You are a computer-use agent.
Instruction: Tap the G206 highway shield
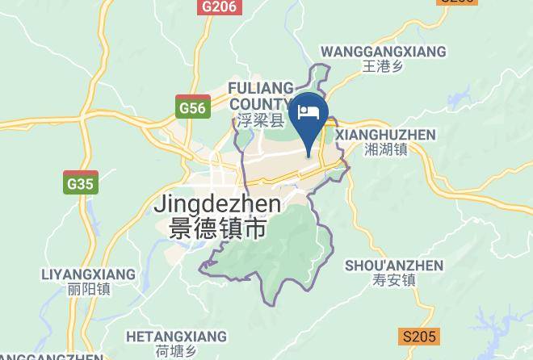219,6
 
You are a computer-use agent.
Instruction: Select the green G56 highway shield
192,107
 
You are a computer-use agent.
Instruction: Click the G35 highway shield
81,183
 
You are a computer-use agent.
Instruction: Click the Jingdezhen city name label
217,205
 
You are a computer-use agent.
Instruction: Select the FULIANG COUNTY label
258,95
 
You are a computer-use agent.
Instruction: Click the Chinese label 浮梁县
261,121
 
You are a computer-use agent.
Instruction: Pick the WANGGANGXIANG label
383,52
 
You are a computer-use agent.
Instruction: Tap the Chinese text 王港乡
383,67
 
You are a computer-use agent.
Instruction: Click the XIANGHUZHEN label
385,135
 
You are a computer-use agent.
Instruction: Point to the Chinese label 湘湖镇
385,149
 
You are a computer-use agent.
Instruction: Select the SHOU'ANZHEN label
394,266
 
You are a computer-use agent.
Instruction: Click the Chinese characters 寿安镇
394,281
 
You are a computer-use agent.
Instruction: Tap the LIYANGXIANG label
88,274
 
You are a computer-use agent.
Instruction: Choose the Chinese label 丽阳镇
89,289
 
